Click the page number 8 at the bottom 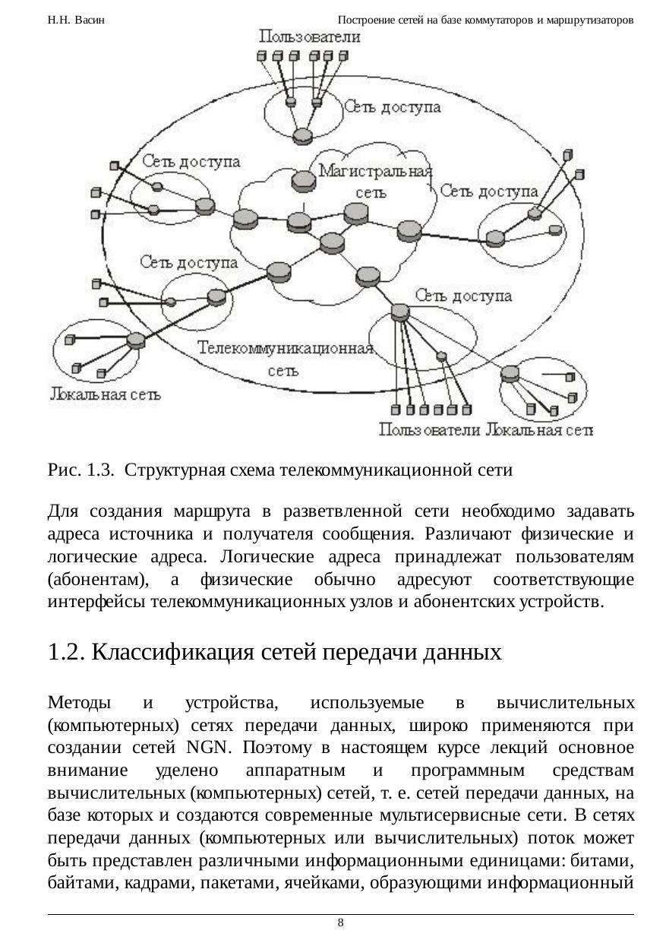340,922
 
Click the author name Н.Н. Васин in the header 76,20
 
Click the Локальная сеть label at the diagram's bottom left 106,394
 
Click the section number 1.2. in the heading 66,652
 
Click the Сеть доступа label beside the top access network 393,108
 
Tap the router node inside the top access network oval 302,135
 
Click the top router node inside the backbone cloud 303,181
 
